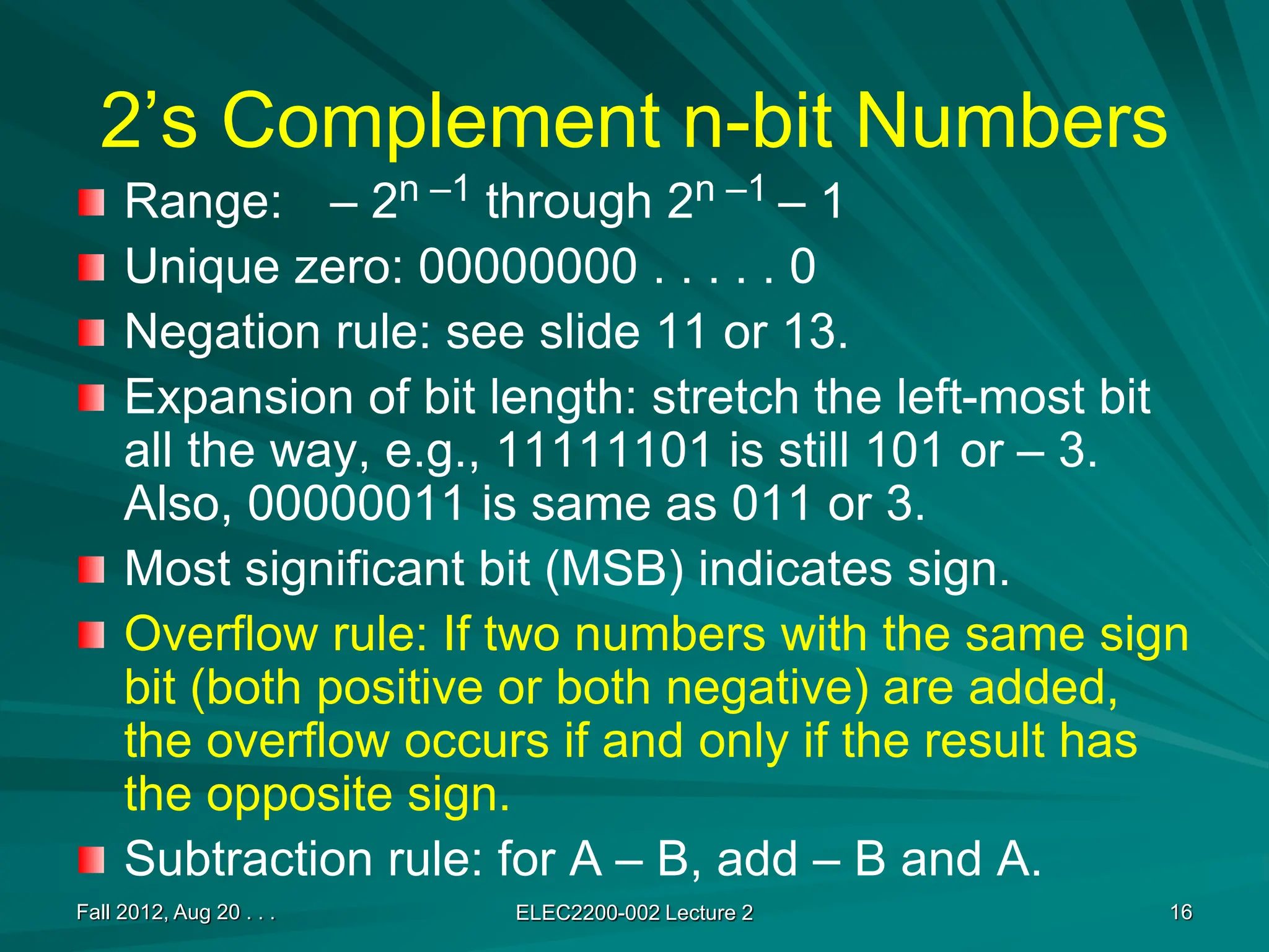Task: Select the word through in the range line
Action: click(x=568, y=202)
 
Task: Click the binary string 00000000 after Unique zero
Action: click(x=528, y=267)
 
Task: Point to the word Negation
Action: click(x=222, y=332)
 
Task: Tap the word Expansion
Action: click(x=239, y=397)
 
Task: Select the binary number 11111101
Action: click(x=604, y=451)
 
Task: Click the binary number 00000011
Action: click(x=356, y=503)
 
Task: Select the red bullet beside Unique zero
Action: click(x=91, y=268)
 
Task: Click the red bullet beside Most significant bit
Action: click(x=91, y=570)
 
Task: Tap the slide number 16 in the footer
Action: click(x=1181, y=912)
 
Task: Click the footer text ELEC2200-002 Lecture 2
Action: click(x=634, y=913)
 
